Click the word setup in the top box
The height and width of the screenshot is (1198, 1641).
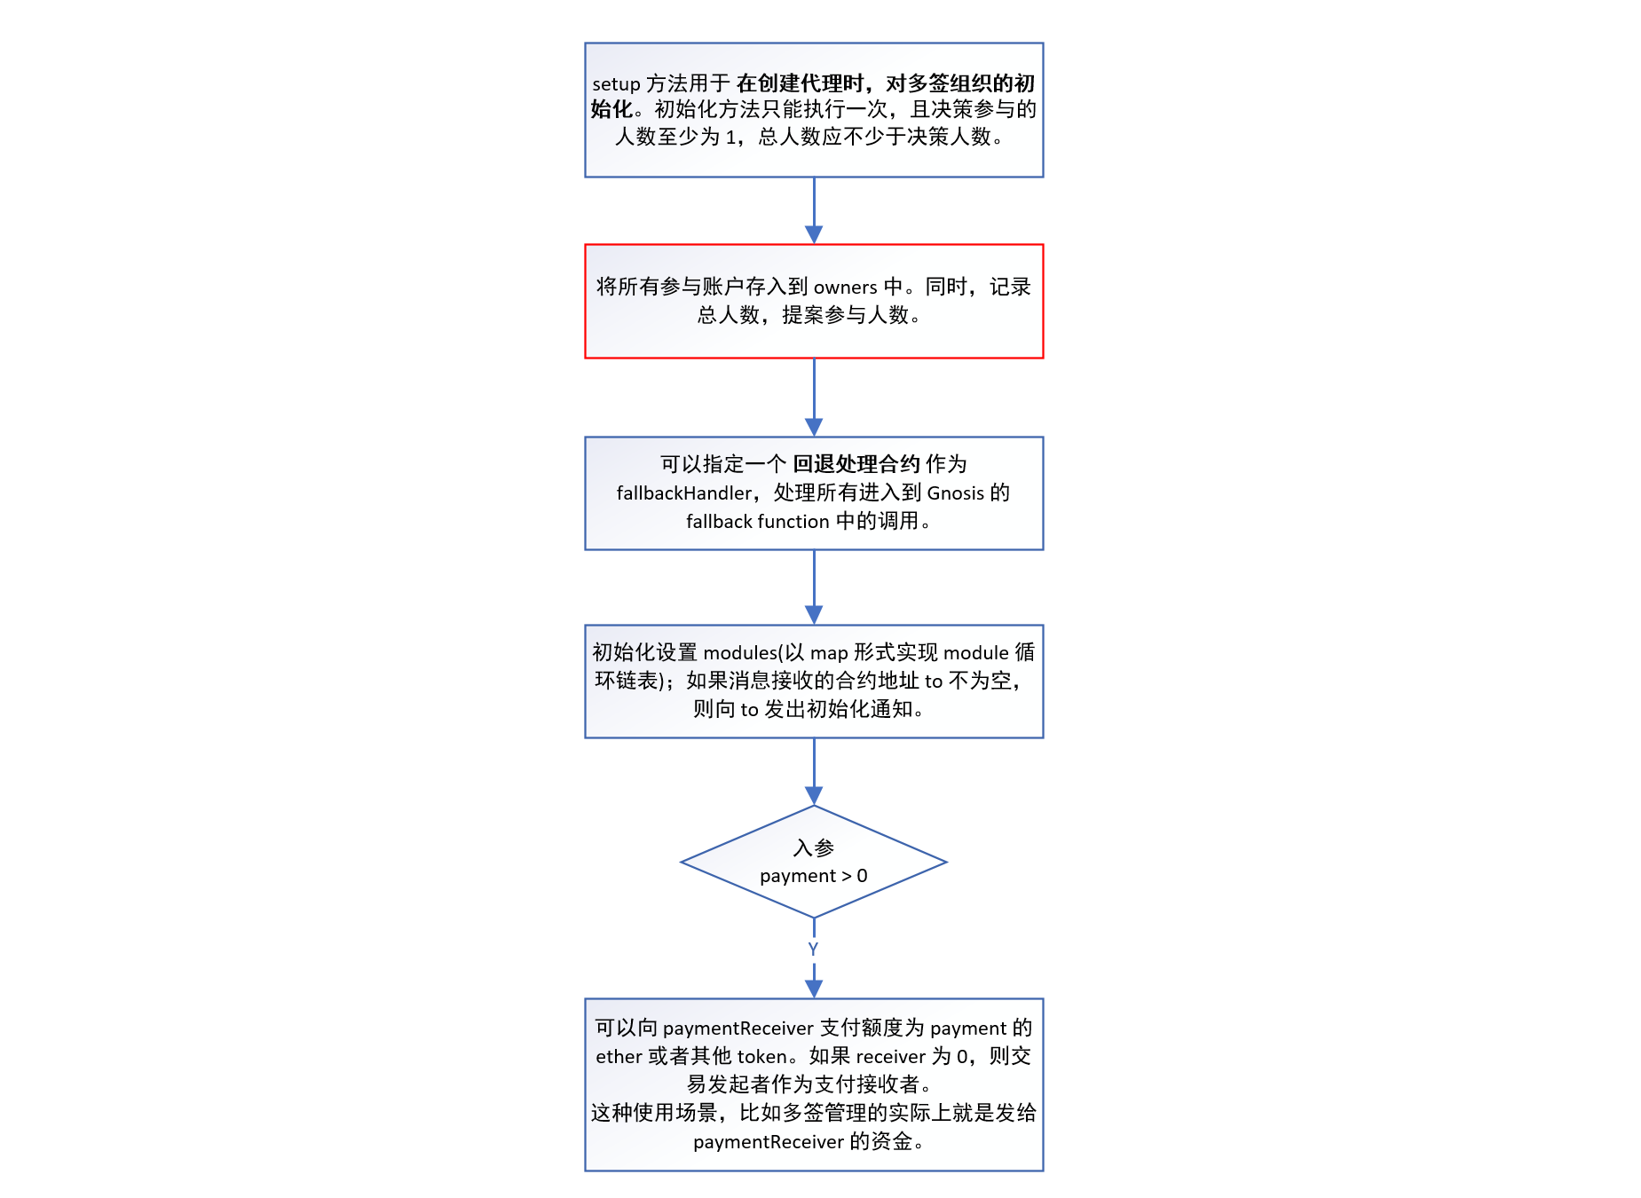click(x=616, y=84)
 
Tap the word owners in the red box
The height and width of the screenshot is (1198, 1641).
click(x=845, y=288)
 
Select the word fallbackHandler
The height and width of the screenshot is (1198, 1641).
click(x=684, y=493)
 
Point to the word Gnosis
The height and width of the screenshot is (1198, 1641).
click(x=955, y=493)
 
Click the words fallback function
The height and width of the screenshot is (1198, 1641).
click(x=757, y=522)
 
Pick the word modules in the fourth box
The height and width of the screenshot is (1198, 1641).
click(x=740, y=653)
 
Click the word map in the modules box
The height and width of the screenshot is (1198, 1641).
click(x=829, y=653)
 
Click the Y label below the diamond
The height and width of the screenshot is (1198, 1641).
click(x=813, y=950)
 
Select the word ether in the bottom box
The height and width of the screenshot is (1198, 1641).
click(x=618, y=1057)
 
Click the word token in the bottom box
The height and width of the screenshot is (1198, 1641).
click(x=761, y=1057)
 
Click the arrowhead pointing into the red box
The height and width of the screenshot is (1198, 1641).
click(x=814, y=234)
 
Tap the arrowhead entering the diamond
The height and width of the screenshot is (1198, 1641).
click(x=814, y=795)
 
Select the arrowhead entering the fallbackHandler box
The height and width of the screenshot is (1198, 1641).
click(x=814, y=427)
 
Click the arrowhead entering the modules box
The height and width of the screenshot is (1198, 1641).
click(x=814, y=615)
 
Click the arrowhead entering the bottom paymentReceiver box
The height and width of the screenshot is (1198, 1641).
click(x=814, y=989)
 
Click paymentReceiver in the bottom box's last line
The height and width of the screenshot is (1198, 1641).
click(x=768, y=1142)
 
